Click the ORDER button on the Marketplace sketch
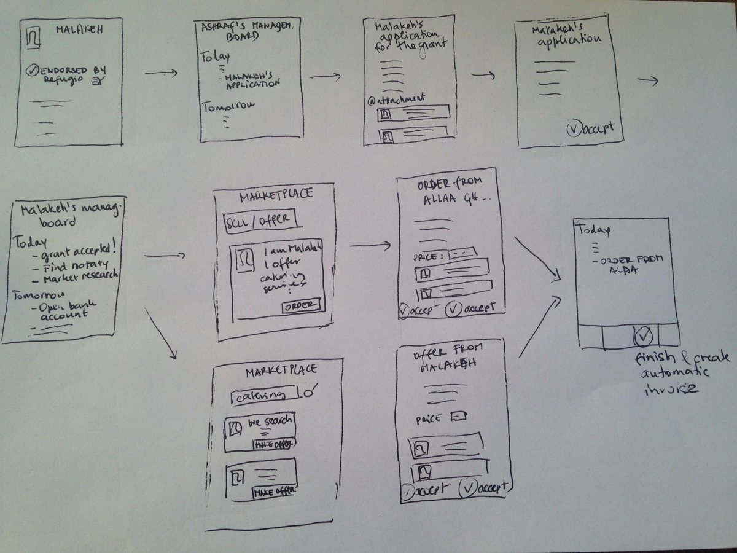point(301,305)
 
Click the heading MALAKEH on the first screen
point(77,29)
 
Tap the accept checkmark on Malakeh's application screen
point(572,130)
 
